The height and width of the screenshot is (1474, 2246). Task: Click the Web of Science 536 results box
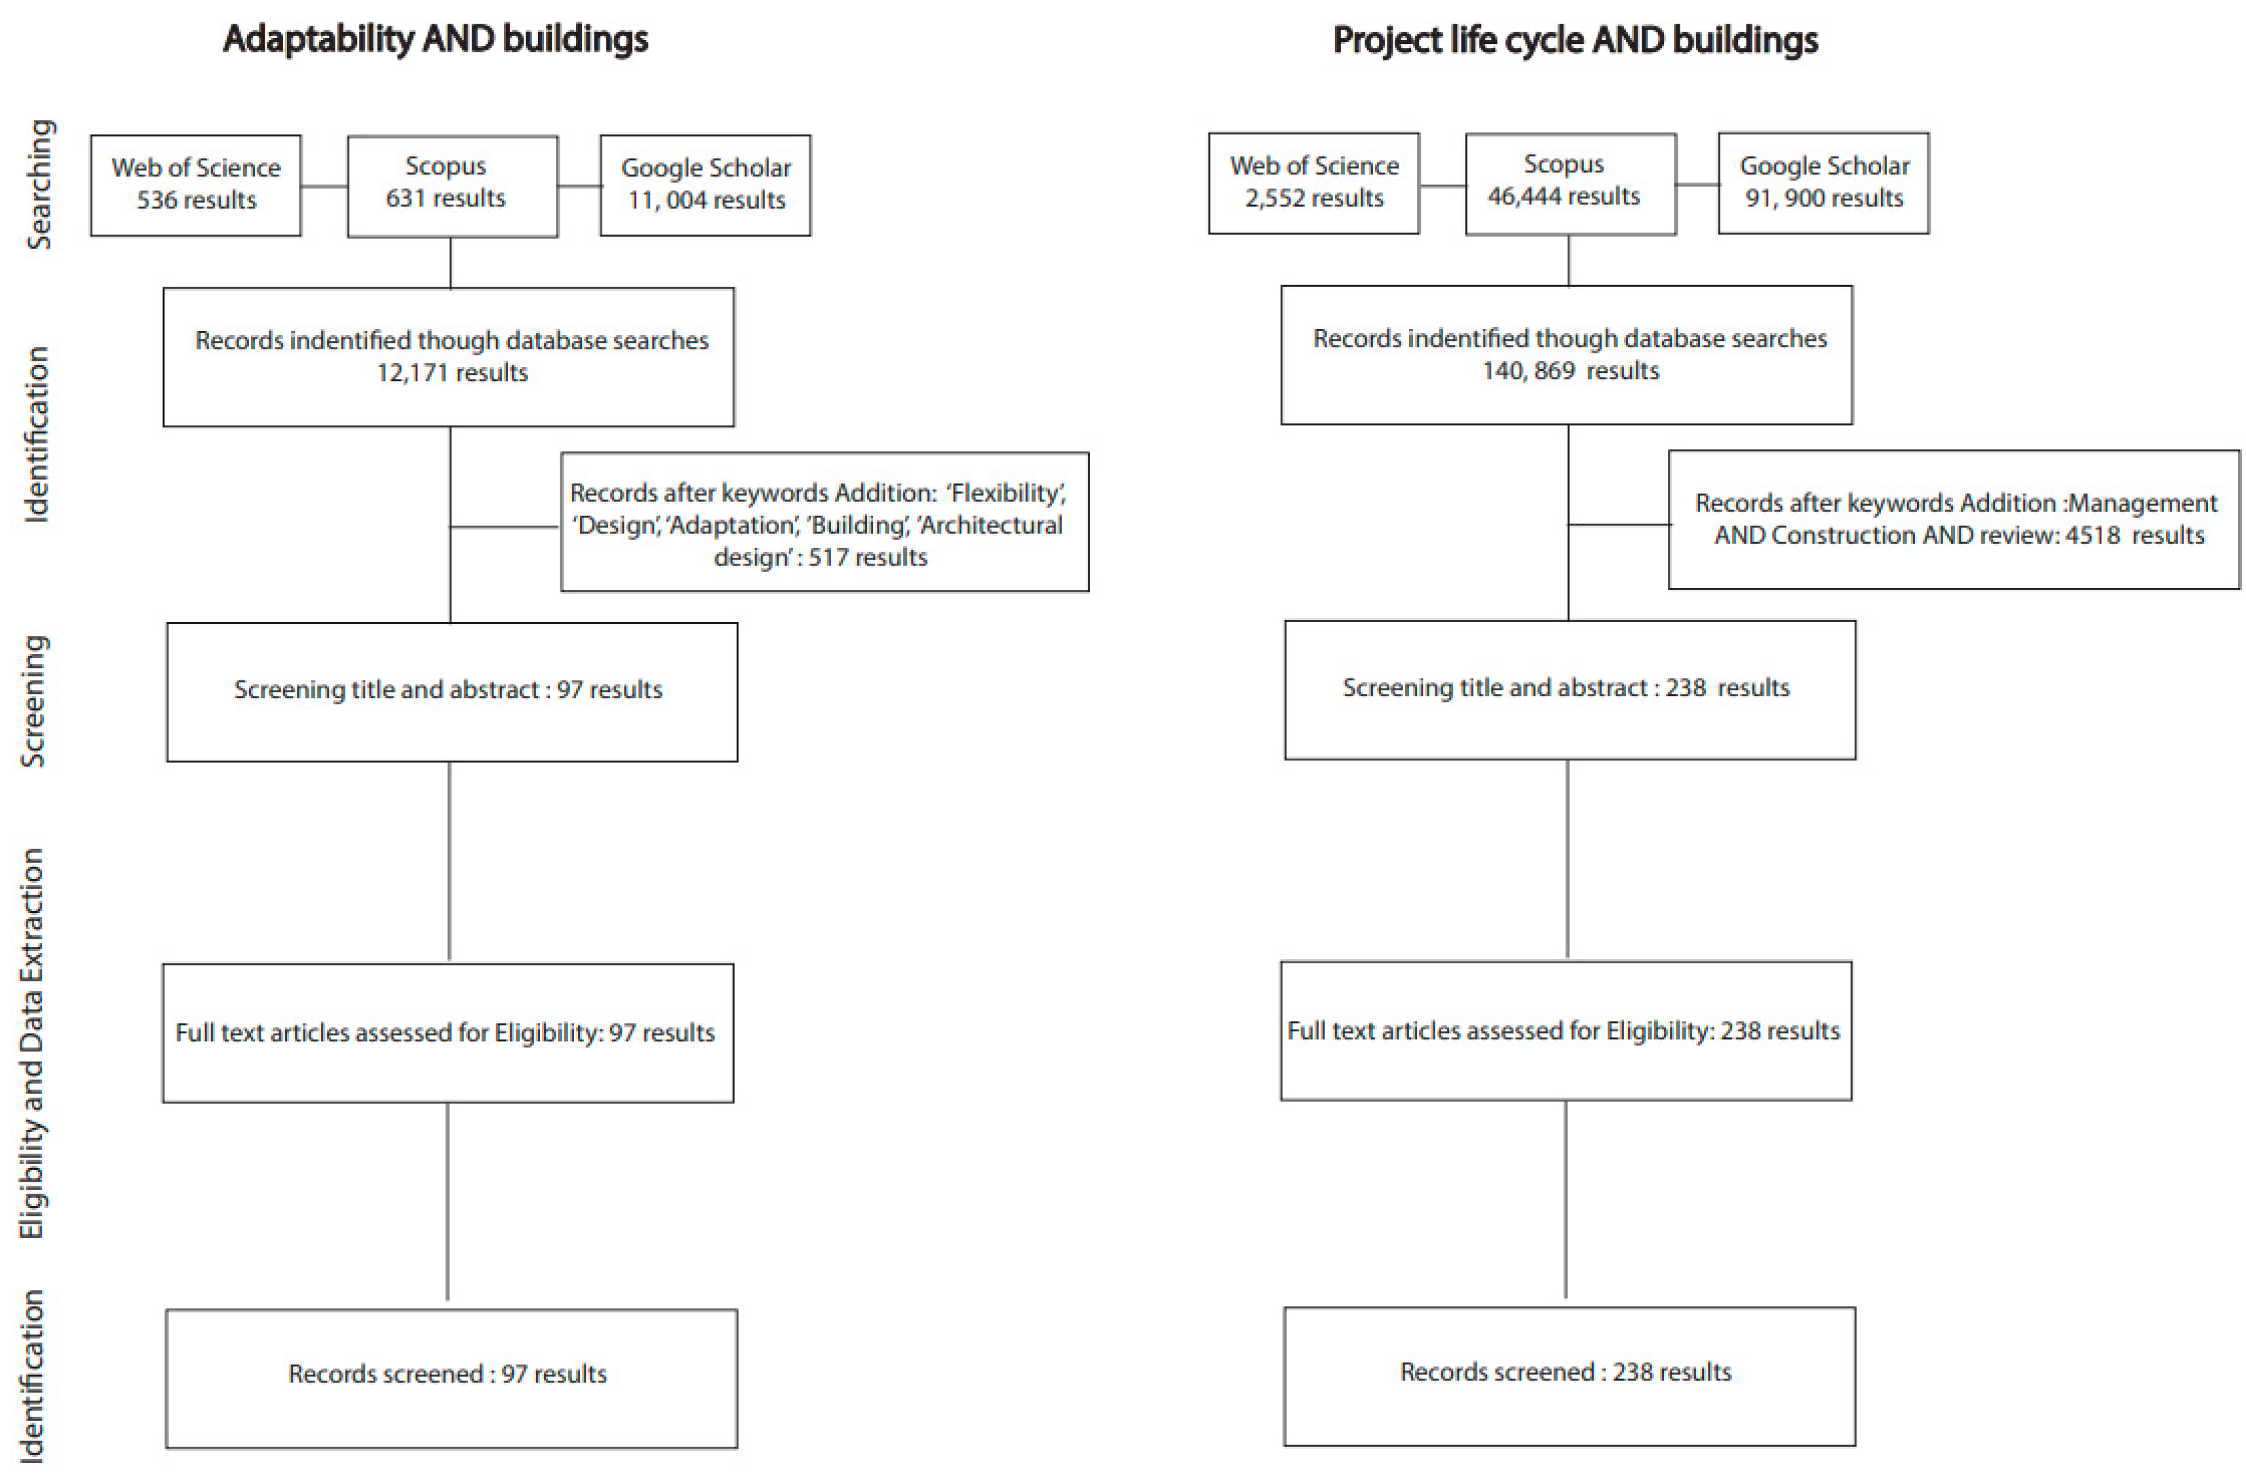point(195,185)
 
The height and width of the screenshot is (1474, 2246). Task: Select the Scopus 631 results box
point(452,186)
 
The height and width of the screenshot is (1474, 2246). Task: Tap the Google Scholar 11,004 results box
point(705,185)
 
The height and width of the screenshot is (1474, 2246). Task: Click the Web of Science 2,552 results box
point(1314,183)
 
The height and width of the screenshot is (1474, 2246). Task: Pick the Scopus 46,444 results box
point(1570,184)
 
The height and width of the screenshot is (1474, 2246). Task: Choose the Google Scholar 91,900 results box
point(1823,183)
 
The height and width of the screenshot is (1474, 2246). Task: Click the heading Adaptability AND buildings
point(435,39)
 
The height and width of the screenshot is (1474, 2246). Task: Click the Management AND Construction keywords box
point(1954,520)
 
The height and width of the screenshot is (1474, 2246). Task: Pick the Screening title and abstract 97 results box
point(452,692)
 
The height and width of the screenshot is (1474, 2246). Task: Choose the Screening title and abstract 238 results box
point(1569,690)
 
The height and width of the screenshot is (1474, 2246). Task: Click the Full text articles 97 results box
point(447,1033)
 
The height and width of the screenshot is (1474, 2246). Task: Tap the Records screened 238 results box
point(1569,1376)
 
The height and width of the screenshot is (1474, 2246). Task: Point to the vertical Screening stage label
point(34,700)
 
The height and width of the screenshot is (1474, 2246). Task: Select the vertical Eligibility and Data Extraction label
point(32,1042)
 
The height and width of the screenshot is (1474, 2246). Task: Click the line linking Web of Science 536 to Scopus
point(324,186)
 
